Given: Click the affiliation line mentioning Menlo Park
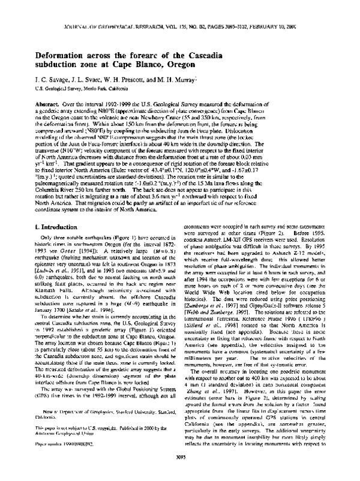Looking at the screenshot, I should (x=70, y=88).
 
